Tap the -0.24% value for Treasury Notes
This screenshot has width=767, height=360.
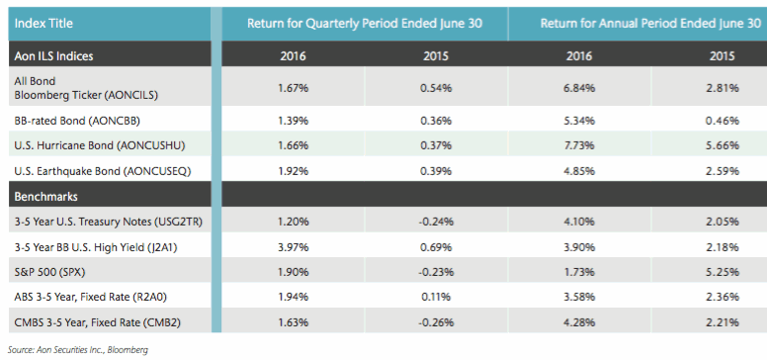click(435, 223)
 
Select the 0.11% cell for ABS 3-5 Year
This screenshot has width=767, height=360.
click(435, 295)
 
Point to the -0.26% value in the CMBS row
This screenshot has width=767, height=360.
click(435, 320)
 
